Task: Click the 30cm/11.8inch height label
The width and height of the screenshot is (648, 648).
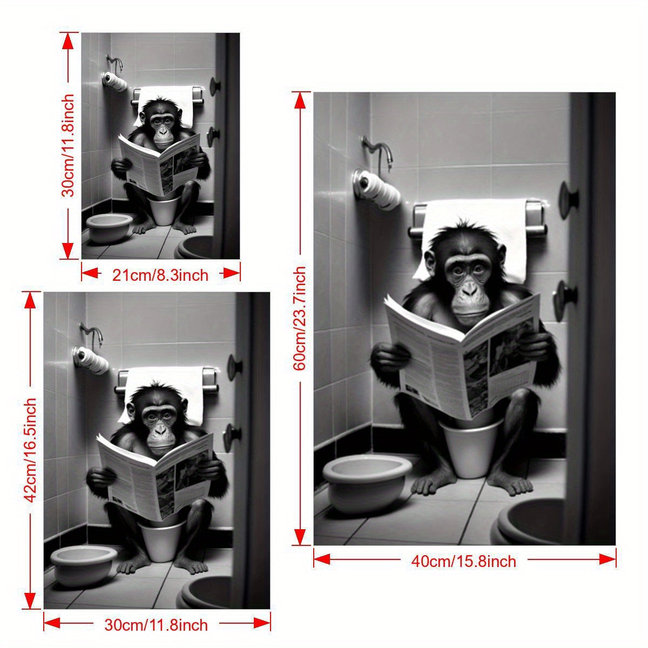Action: [69, 146]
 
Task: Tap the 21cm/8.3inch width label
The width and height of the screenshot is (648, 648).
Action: [160, 275]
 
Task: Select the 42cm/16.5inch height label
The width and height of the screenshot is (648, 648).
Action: [31, 450]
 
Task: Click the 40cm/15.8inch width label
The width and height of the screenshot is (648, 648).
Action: [464, 561]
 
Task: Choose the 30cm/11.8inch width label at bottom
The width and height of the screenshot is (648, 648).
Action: [156, 625]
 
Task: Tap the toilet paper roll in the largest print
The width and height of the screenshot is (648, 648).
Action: [378, 190]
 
